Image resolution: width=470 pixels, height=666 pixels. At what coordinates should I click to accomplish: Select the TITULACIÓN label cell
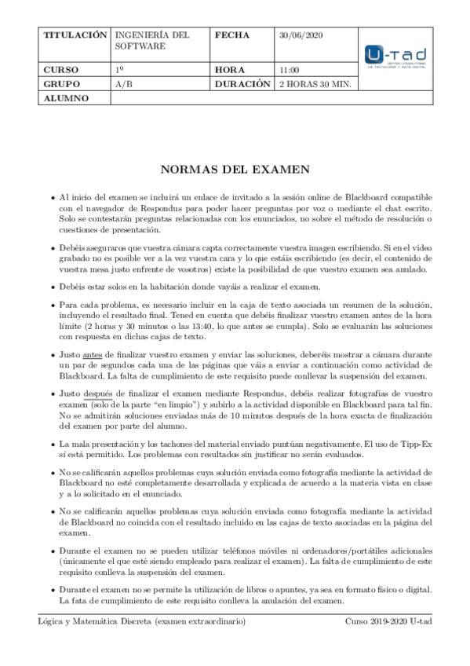coord(75,36)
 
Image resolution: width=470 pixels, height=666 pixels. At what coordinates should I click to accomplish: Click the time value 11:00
coord(289,70)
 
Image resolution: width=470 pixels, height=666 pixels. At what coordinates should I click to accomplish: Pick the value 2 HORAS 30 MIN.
coord(315,83)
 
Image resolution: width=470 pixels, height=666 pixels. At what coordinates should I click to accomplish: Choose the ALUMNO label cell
coord(66,98)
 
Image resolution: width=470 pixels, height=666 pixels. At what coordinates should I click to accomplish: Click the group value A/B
coord(123,83)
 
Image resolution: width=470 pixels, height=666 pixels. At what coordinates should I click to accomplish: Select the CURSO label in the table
coord(60,70)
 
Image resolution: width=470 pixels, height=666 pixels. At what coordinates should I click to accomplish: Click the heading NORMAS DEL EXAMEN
coord(235,169)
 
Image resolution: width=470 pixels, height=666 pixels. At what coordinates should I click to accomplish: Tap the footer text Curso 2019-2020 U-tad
coord(388,622)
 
